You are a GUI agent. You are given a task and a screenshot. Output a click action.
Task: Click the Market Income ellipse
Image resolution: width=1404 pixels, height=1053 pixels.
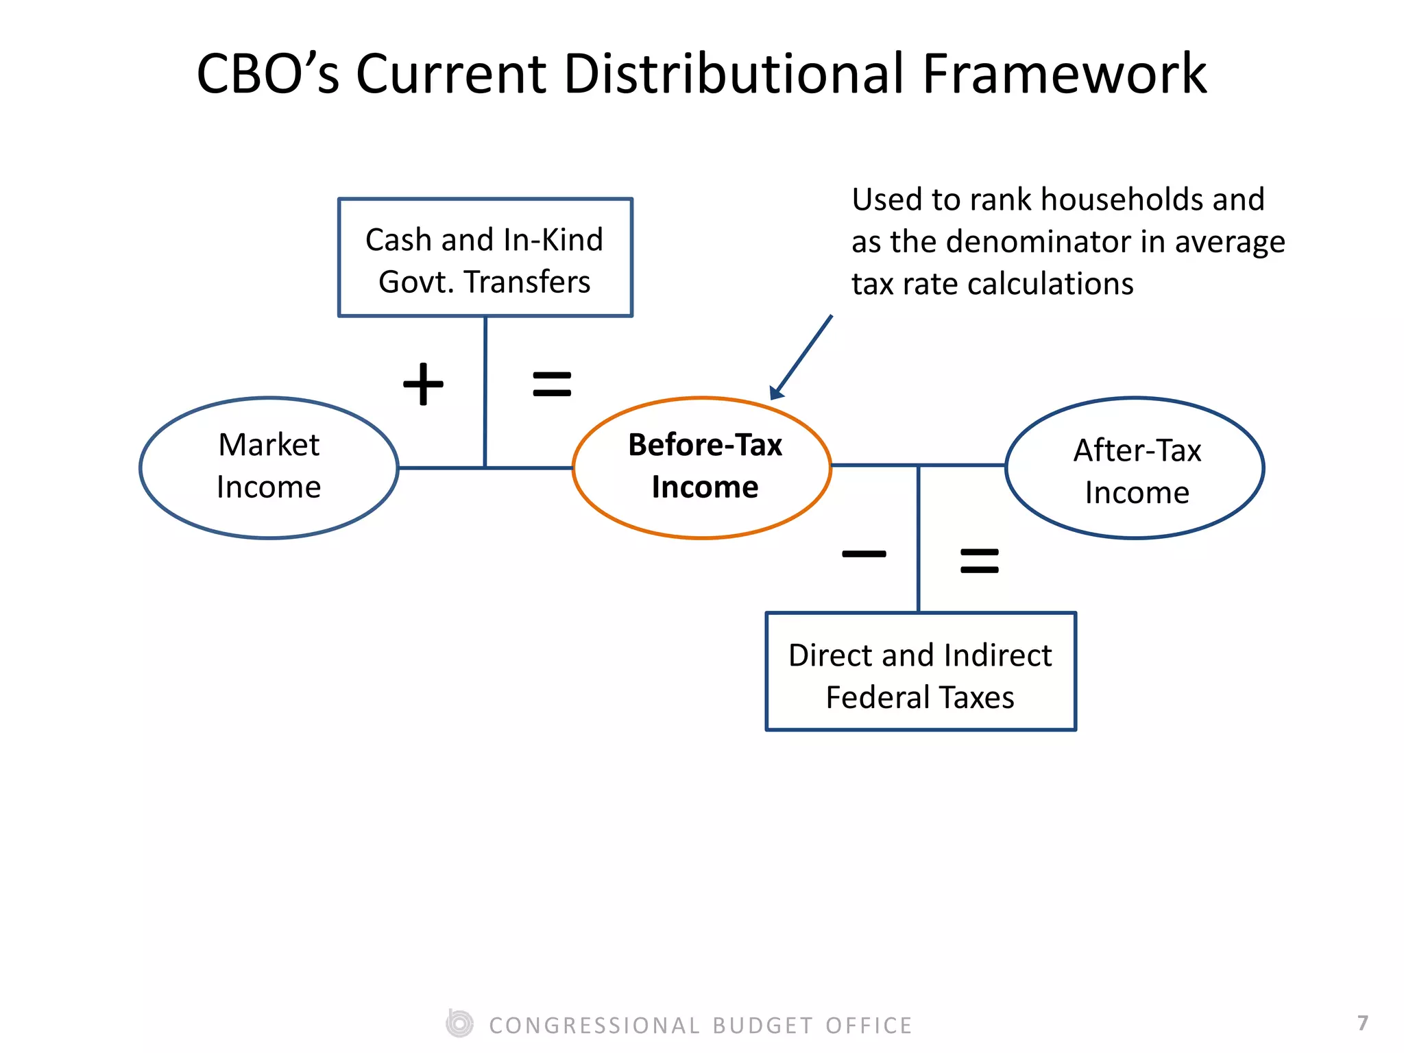(x=269, y=468)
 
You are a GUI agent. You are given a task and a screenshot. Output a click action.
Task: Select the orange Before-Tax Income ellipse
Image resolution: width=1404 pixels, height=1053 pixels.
(x=702, y=468)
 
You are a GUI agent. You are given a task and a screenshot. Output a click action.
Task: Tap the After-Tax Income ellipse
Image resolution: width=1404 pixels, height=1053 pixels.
(x=1135, y=468)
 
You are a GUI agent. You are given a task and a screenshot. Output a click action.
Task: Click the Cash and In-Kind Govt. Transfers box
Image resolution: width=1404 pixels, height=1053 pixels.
(x=485, y=258)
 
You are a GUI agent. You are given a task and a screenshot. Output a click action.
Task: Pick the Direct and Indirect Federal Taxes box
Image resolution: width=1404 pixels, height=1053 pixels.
(x=921, y=672)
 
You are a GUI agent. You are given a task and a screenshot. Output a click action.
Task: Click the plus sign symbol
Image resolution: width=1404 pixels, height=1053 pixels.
(x=423, y=384)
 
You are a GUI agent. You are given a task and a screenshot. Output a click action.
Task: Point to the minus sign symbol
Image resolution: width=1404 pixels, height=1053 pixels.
(x=864, y=554)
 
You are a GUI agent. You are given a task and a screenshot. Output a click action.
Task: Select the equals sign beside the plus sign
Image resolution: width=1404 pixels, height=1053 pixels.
(x=552, y=384)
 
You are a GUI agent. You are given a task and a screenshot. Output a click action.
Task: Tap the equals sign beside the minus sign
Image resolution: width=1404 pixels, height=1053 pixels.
(x=980, y=560)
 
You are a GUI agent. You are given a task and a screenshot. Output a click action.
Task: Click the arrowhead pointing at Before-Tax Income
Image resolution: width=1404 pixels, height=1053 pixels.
(x=777, y=392)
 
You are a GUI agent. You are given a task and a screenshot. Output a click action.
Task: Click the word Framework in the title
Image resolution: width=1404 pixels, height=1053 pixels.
(x=1063, y=74)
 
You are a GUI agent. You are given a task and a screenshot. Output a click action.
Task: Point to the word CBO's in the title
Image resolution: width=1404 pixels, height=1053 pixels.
(x=268, y=74)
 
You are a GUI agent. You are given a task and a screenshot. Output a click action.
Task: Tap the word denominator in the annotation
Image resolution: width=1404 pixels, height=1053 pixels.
(x=1039, y=242)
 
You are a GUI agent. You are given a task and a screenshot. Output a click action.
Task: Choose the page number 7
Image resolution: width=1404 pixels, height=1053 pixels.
(x=1363, y=1023)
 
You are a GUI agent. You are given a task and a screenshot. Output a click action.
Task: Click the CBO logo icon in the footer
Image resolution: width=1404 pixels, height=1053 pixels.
(x=459, y=1024)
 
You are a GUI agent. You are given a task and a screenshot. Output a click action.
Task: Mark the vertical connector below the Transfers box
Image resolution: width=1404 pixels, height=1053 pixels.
(x=485, y=391)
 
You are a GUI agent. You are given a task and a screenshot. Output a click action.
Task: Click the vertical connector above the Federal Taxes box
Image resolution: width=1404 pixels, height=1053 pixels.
(x=919, y=539)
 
